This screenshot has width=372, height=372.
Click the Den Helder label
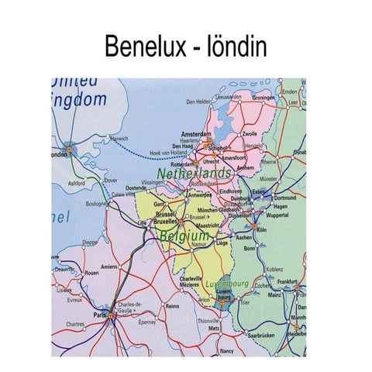(x=198, y=102)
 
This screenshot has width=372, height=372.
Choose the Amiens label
(x=108, y=267)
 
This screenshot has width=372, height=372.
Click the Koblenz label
(x=275, y=269)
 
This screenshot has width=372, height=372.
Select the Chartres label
(x=76, y=325)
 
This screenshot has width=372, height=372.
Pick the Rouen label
(x=91, y=273)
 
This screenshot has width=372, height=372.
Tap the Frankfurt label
(x=288, y=282)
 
